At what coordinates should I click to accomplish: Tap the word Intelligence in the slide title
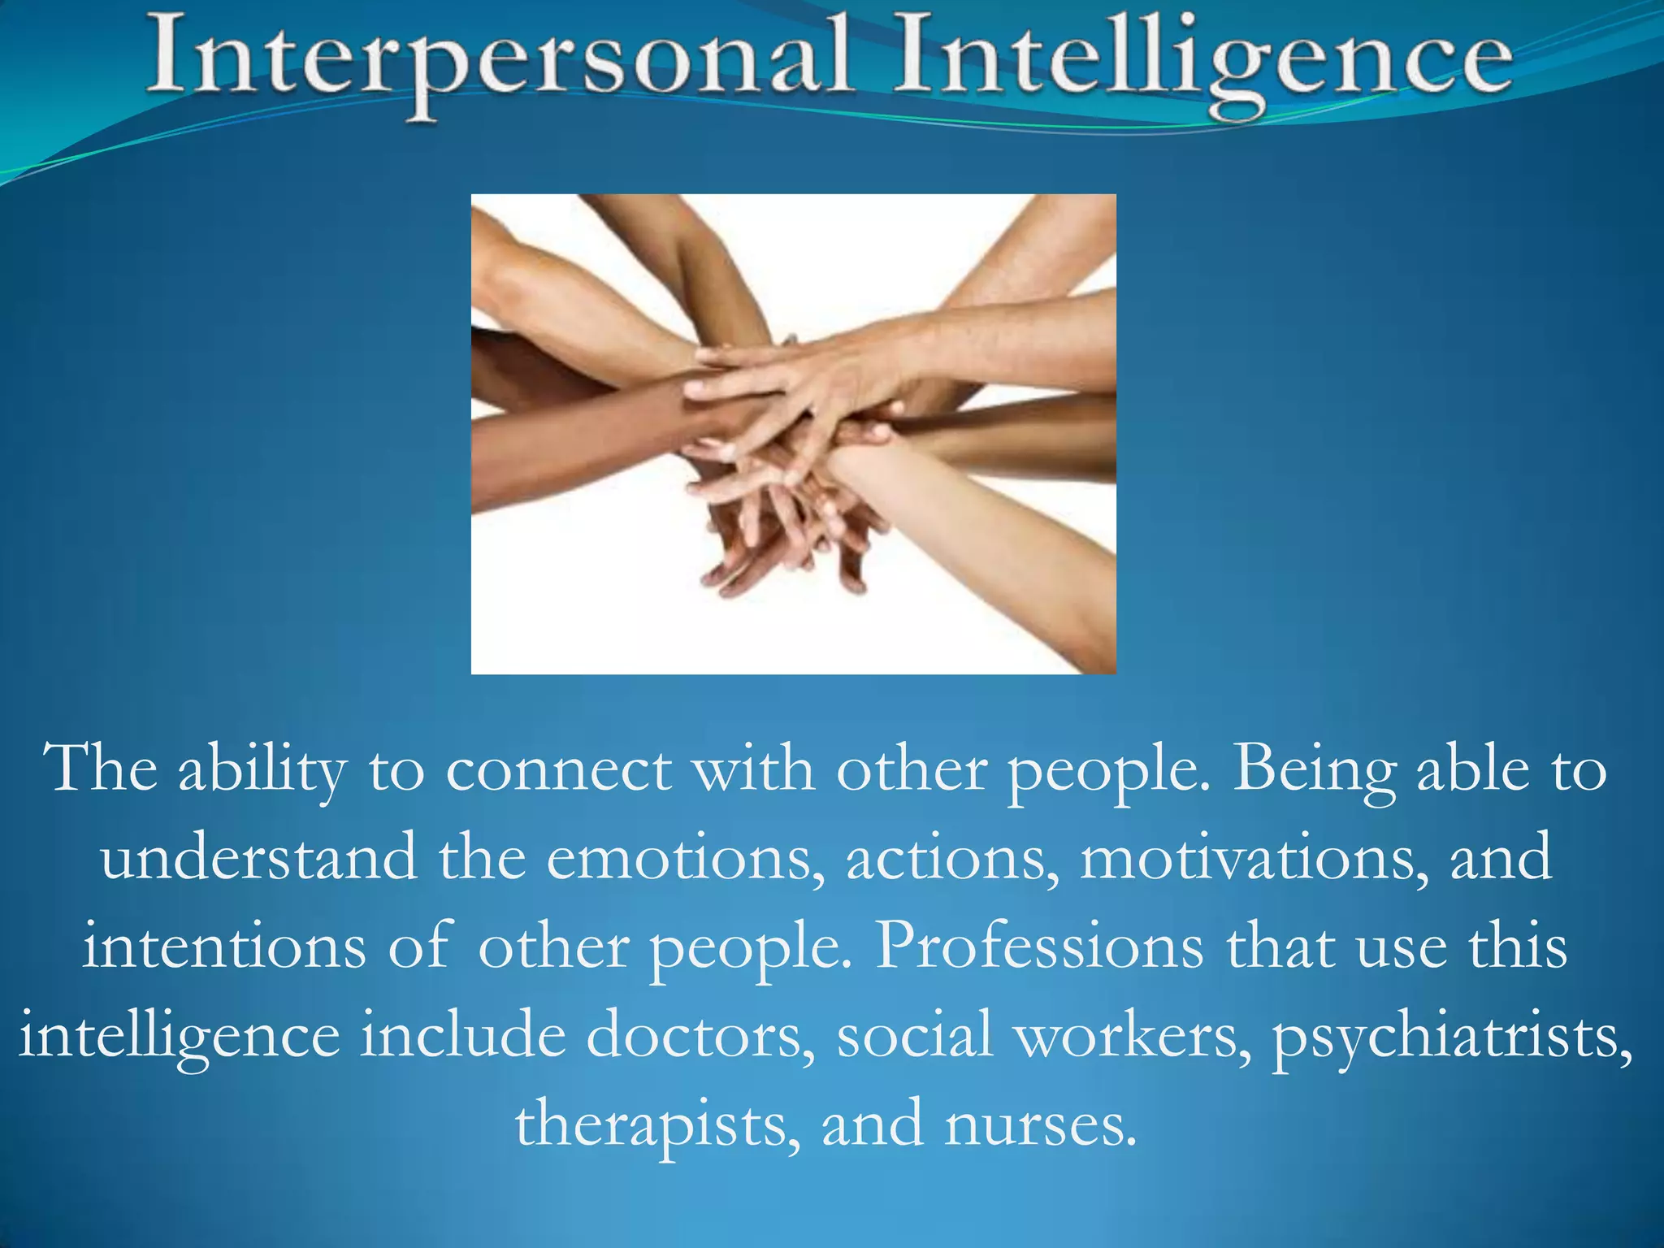click(x=1202, y=61)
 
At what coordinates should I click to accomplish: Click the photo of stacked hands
click(x=793, y=434)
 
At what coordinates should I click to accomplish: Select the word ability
click(x=262, y=770)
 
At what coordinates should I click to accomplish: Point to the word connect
click(x=558, y=770)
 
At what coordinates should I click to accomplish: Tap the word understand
click(x=259, y=858)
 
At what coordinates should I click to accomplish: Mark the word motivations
click(x=1254, y=858)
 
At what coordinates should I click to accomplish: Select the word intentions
click(x=224, y=947)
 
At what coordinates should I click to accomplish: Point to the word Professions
click(x=1038, y=947)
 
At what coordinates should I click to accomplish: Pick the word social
click(x=915, y=1036)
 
